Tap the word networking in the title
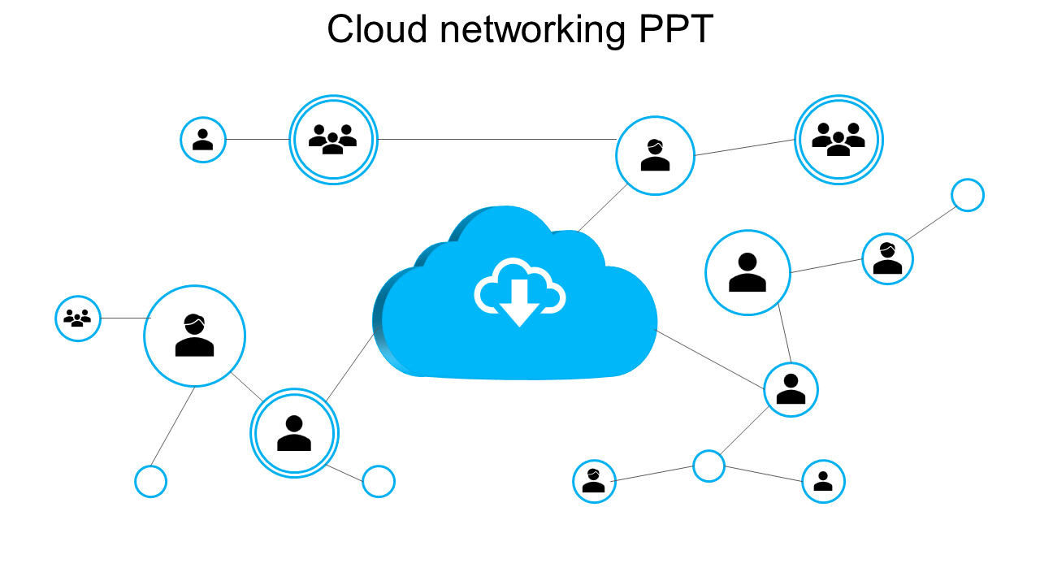(x=532, y=30)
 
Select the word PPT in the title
(x=676, y=30)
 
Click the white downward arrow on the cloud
(x=519, y=301)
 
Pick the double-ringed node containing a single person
(x=294, y=433)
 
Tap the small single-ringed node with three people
(x=78, y=318)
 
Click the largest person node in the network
(x=194, y=336)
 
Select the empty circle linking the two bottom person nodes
(x=708, y=466)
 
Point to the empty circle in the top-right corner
(x=967, y=195)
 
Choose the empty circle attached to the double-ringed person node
(x=378, y=482)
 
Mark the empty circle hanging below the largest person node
(x=150, y=482)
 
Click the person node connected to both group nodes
(x=655, y=155)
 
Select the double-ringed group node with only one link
(x=838, y=140)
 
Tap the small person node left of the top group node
(x=202, y=140)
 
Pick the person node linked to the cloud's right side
(x=791, y=389)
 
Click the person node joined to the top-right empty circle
(x=887, y=258)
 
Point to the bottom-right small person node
(x=823, y=481)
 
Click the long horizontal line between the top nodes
(x=496, y=140)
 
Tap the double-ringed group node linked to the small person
(x=333, y=140)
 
